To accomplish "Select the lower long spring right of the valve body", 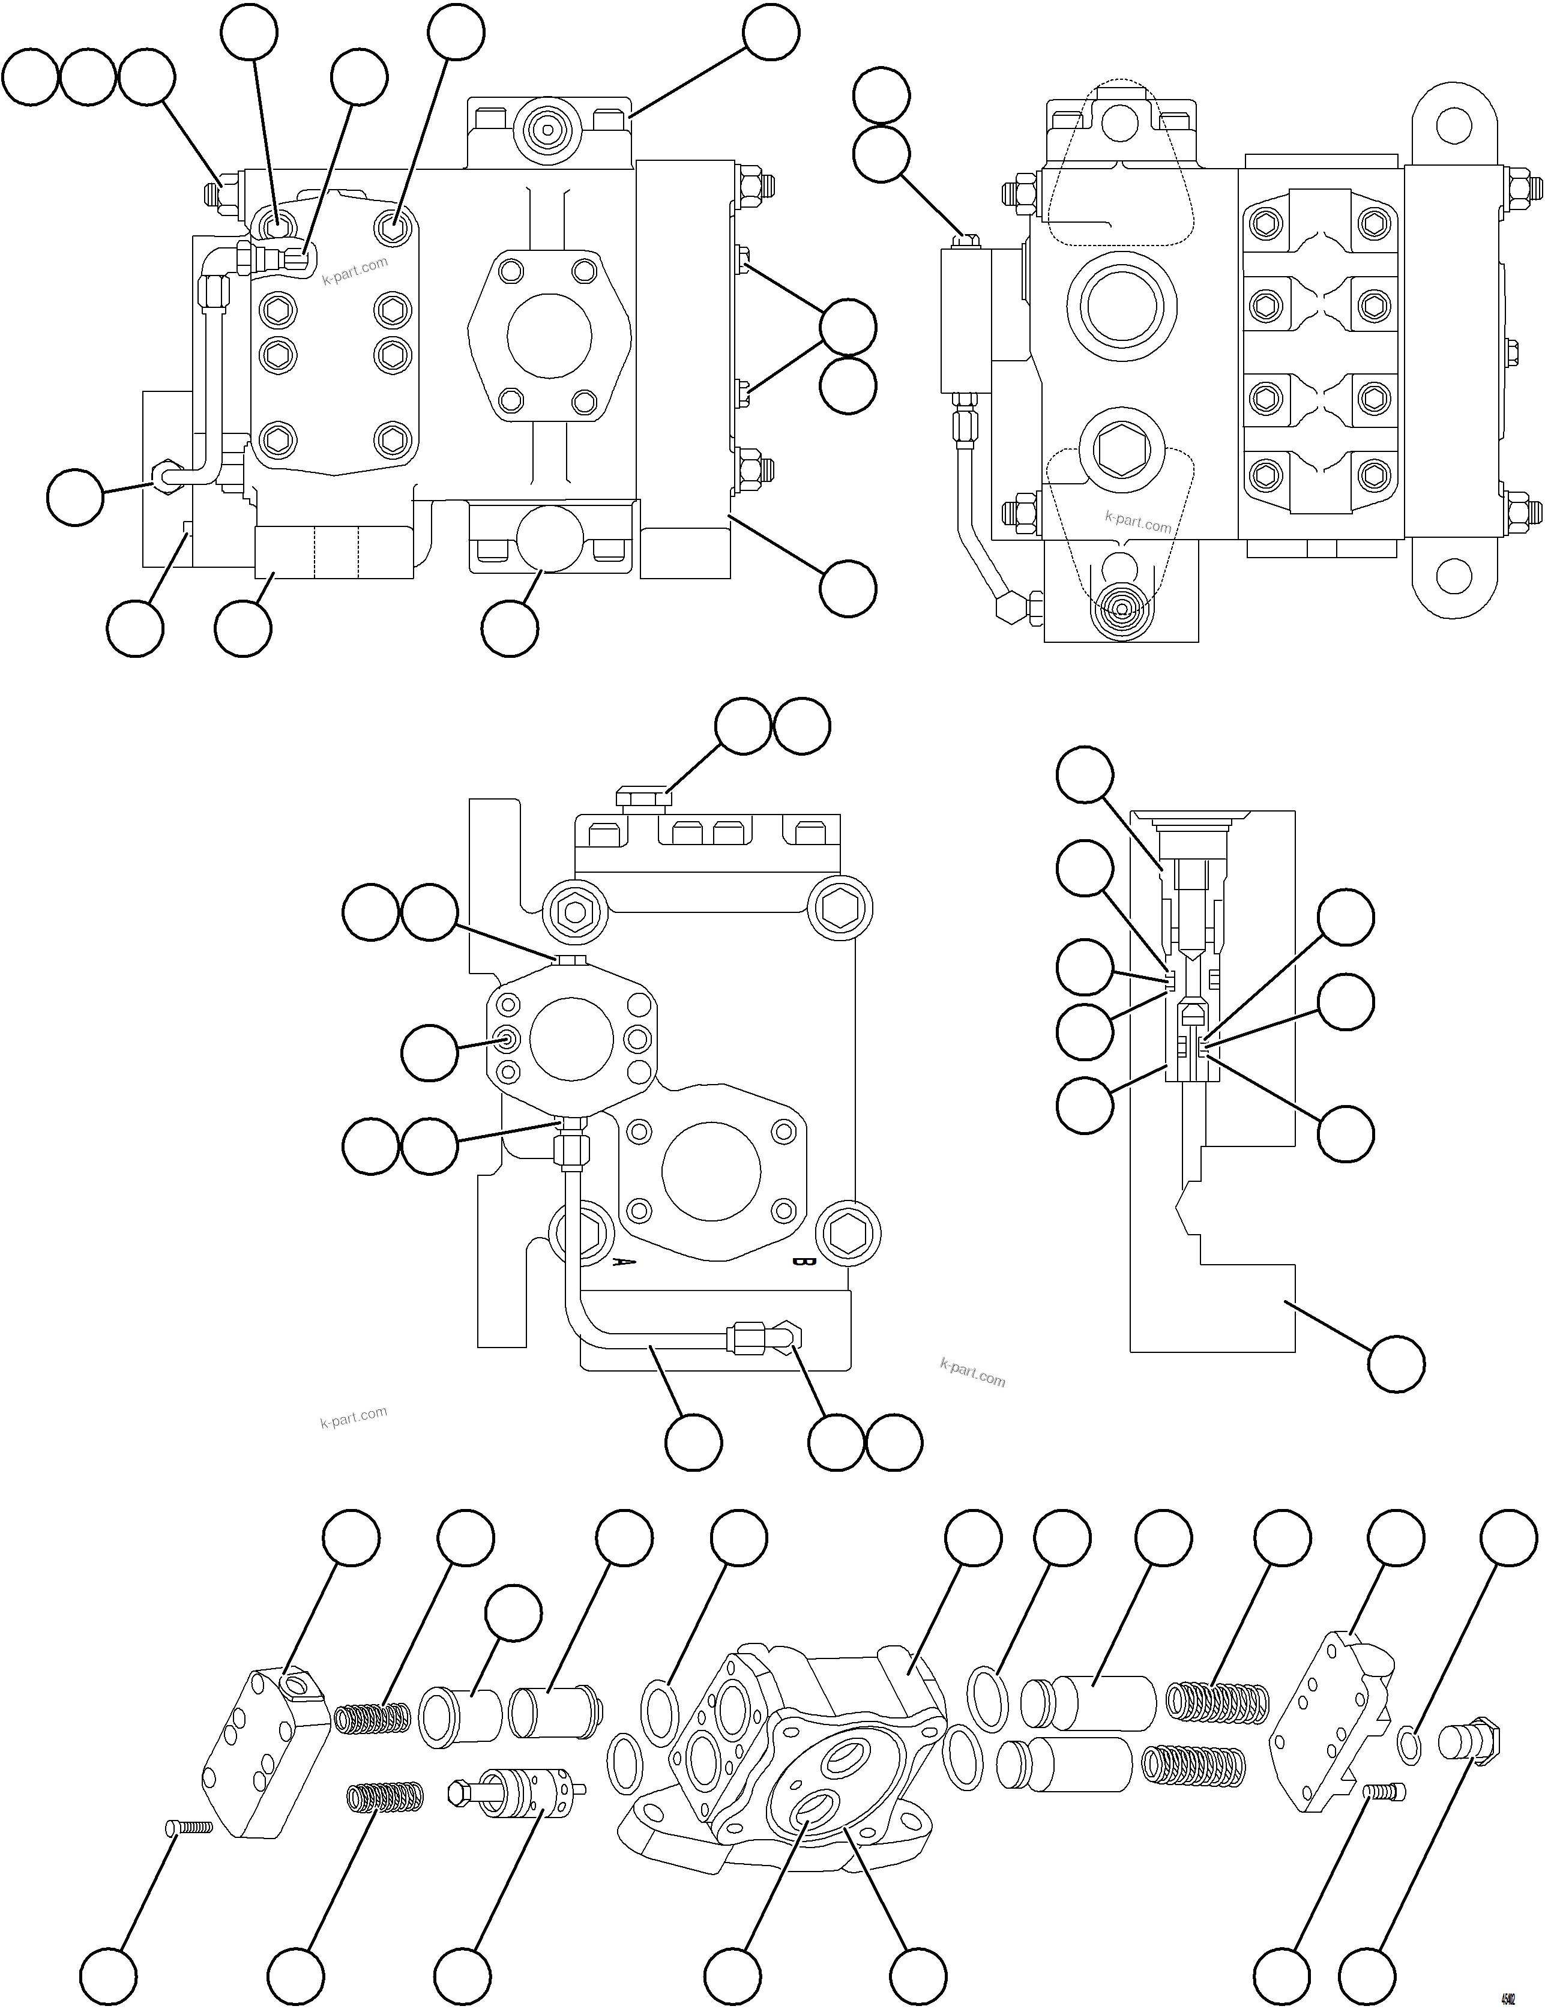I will [1194, 1765].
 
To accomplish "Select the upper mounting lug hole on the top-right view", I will [1454, 126].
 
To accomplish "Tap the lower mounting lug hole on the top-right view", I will [1454, 576].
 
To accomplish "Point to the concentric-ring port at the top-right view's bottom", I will [1120, 609].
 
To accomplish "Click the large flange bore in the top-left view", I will [549, 337].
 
